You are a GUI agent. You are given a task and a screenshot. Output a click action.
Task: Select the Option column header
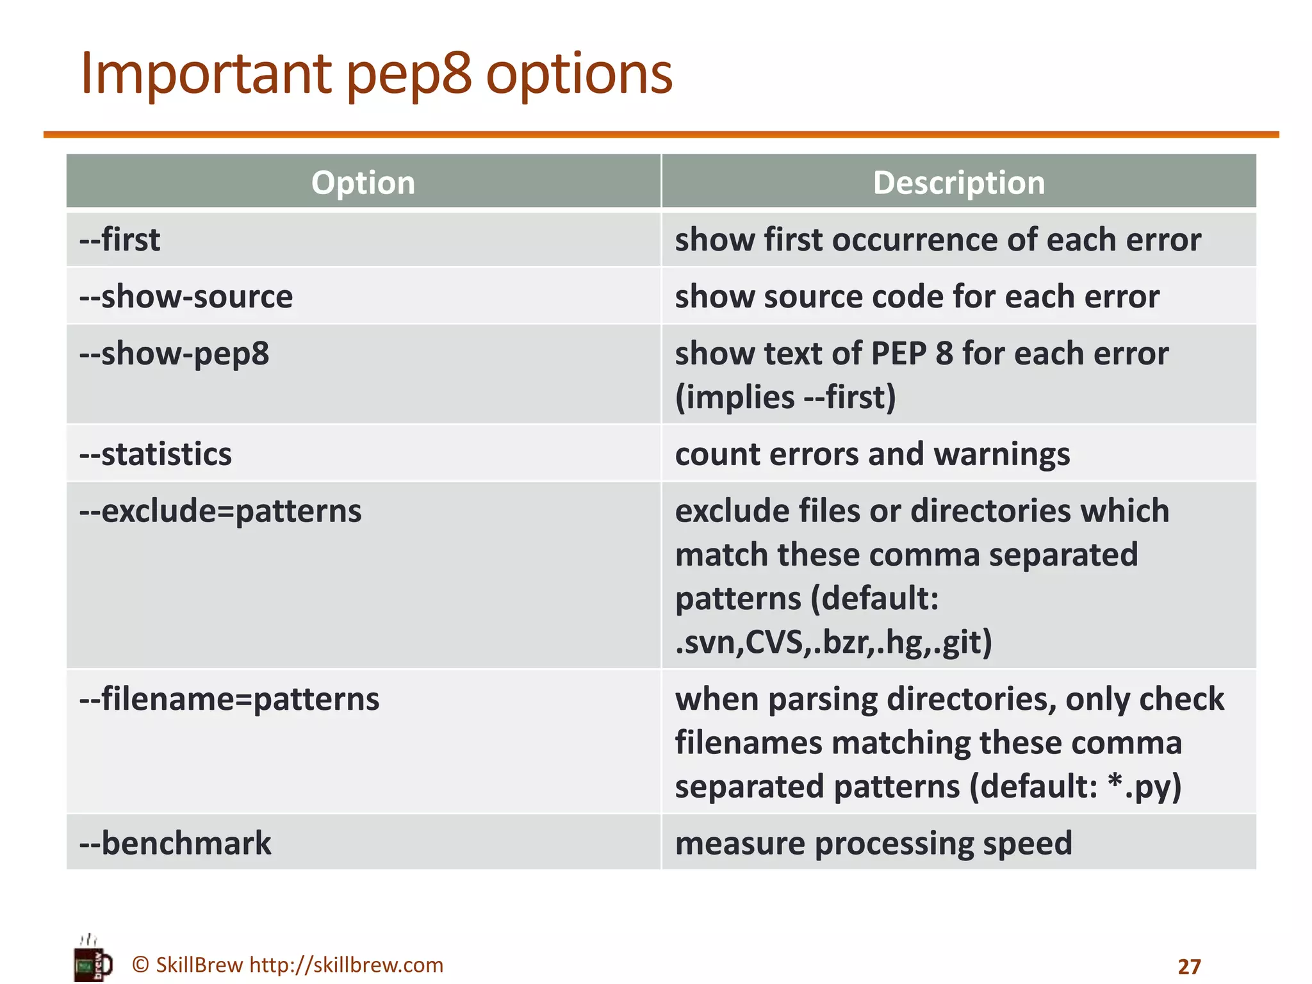pyautogui.click(x=363, y=183)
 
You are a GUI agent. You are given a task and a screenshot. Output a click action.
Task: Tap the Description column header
pyautogui.click(x=958, y=183)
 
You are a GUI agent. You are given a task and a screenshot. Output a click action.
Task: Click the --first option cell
pyautogui.click(x=120, y=240)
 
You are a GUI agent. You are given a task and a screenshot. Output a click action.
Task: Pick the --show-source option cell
pyautogui.click(x=186, y=297)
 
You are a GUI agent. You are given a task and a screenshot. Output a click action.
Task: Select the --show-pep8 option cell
pyautogui.click(x=174, y=354)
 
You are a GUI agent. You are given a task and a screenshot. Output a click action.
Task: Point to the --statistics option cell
pyautogui.click(x=156, y=454)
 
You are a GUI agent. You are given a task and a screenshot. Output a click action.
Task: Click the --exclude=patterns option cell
pyautogui.click(x=220, y=511)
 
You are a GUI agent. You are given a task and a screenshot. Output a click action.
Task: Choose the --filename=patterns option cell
pyautogui.click(x=229, y=699)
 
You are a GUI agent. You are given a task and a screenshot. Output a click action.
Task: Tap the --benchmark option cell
pyautogui.click(x=176, y=843)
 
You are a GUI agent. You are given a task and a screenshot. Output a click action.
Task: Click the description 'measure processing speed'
pyautogui.click(x=873, y=843)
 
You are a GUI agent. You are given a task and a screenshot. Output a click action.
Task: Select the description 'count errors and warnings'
pyautogui.click(x=873, y=454)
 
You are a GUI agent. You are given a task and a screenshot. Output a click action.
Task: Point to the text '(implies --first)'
pyautogui.click(x=785, y=397)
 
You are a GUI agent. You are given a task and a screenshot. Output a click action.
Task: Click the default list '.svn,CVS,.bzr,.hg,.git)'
pyautogui.click(x=833, y=642)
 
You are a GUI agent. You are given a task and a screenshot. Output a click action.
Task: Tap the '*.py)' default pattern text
pyautogui.click(x=1144, y=787)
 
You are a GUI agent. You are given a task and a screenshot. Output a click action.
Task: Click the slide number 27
pyautogui.click(x=1189, y=966)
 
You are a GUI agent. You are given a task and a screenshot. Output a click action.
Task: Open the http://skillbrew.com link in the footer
pyautogui.click(x=346, y=965)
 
